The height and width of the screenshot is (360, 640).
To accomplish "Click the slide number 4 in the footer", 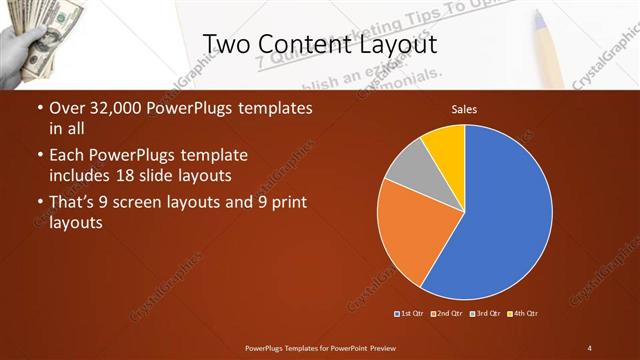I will tap(589, 347).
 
